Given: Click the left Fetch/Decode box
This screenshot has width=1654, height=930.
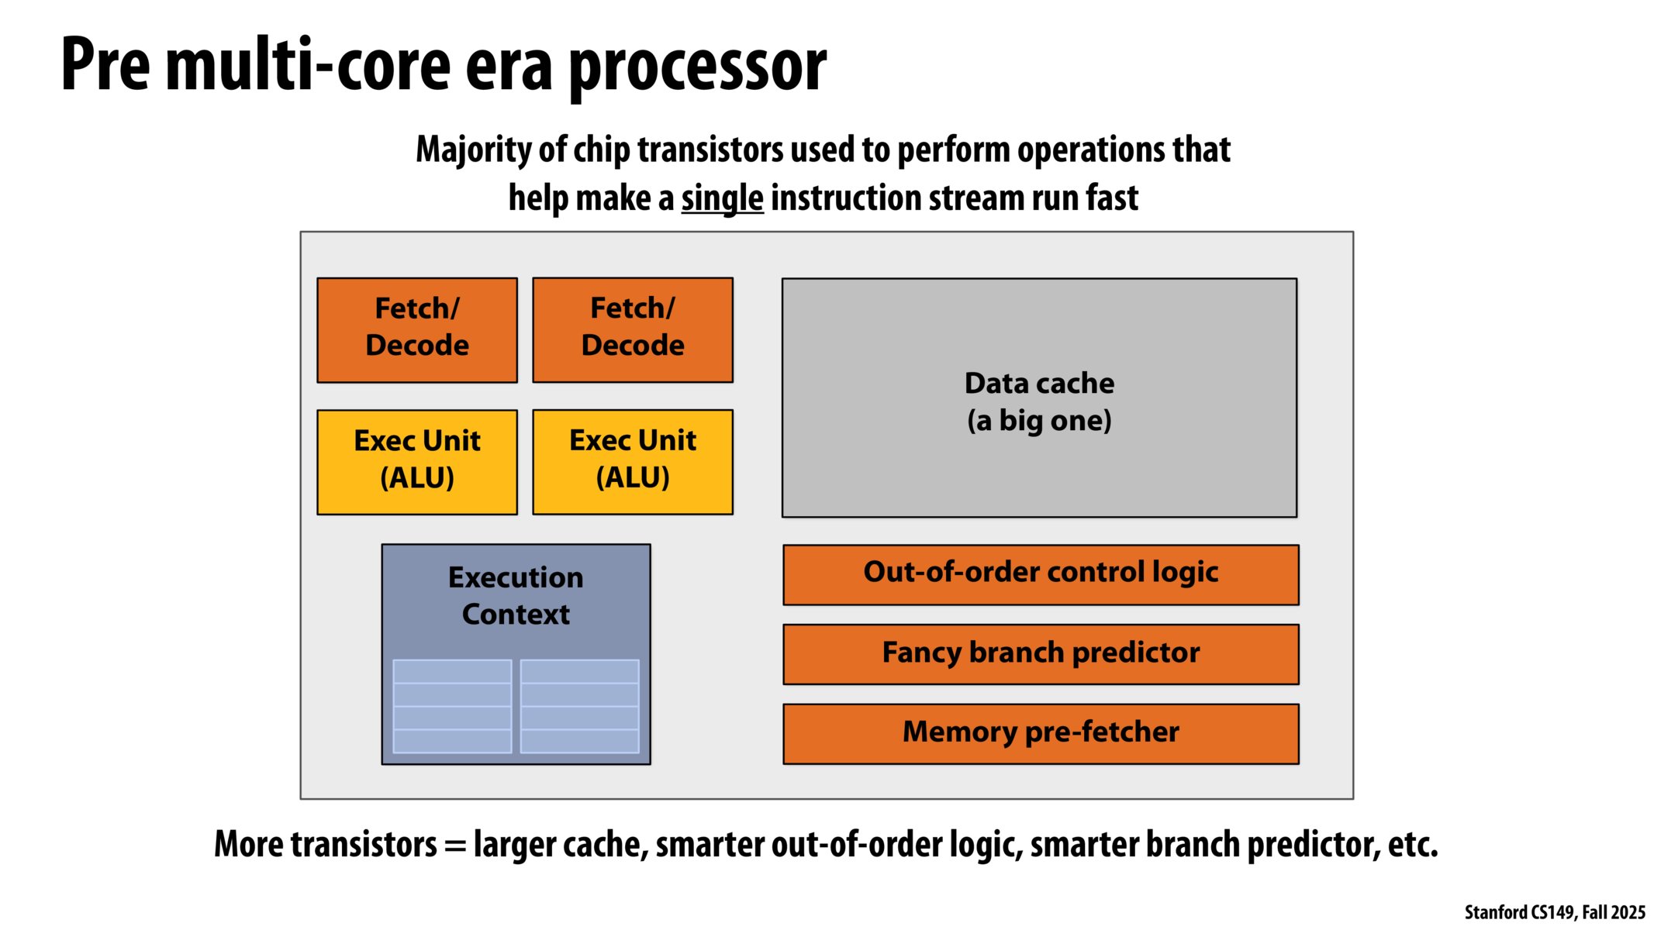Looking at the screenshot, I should click(417, 329).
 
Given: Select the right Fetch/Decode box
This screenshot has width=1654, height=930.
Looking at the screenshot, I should click(633, 329).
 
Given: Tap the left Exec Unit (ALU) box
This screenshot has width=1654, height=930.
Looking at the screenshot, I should click(417, 462).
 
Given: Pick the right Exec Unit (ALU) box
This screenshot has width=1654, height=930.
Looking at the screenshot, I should click(633, 462).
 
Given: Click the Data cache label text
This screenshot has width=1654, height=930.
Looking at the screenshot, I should click(1039, 384).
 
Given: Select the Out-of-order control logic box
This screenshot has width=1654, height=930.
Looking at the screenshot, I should click(1041, 574).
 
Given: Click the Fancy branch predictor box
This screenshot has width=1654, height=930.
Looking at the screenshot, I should click(1041, 654).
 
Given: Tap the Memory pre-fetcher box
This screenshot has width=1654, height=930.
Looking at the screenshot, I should click(1041, 733).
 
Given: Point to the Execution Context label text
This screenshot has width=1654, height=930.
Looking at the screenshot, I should click(516, 595).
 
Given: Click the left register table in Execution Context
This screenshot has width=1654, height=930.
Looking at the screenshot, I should click(452, 706).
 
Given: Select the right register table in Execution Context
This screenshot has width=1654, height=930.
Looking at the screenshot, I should click(579, 706).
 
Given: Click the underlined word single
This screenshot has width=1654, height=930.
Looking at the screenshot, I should click(722, 198).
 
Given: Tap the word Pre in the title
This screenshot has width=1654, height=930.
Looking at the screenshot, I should click(105, 66).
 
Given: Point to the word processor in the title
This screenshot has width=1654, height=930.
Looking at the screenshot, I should click(698, 68).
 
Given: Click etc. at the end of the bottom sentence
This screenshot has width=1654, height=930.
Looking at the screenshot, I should click(1413, 845).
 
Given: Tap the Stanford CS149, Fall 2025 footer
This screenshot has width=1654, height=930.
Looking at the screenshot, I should click(1554, 912).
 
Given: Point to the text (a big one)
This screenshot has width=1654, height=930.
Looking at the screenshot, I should click(1039, 421).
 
